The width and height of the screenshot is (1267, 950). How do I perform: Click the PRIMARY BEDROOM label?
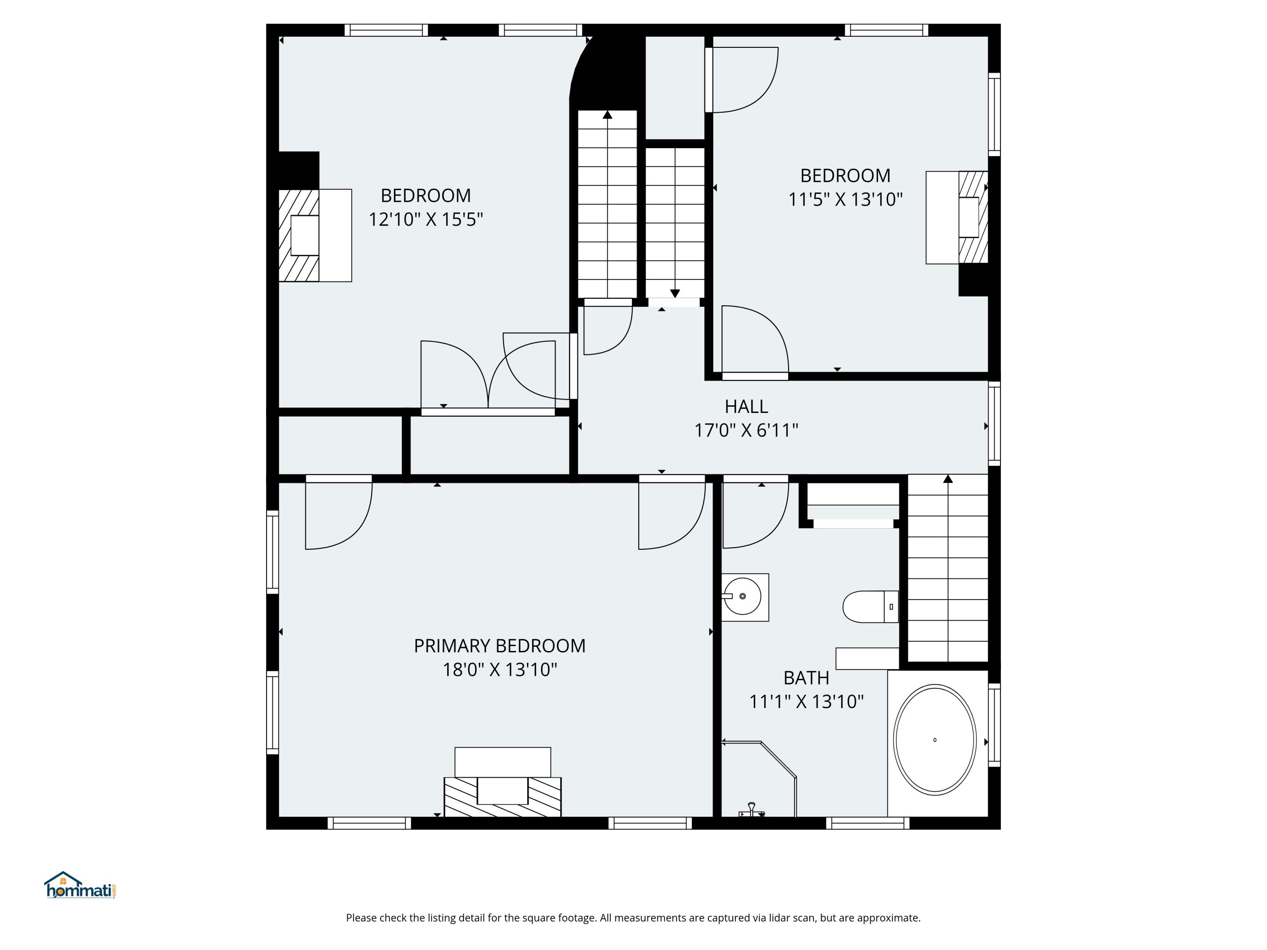tap(500, 646)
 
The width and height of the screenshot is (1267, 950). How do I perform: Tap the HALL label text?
tap(746, 407)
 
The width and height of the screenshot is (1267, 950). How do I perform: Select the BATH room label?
tap(807, 678)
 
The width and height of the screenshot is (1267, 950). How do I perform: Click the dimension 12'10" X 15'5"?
tap(426, 219)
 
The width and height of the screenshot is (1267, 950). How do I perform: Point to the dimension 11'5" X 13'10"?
tap(846, 199)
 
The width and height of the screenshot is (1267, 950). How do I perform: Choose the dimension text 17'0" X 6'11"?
tap(746, 430)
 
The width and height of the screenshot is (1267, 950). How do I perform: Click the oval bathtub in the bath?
tap(935, 740)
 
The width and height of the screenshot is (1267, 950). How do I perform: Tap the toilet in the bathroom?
tap(870, 606)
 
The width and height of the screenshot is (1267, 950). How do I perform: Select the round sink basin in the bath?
tap(742, 596)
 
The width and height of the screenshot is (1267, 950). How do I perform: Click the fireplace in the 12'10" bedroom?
tap(315, 235)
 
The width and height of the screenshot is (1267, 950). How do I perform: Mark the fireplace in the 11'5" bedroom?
tap(957, 217)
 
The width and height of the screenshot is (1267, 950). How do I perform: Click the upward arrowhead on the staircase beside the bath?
tap(948, 479)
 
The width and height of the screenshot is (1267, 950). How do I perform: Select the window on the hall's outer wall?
tap(994, 424)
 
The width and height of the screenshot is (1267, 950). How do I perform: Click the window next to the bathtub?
tap(994, 725)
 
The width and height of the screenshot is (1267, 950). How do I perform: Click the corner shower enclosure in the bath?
tap(759, 779)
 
